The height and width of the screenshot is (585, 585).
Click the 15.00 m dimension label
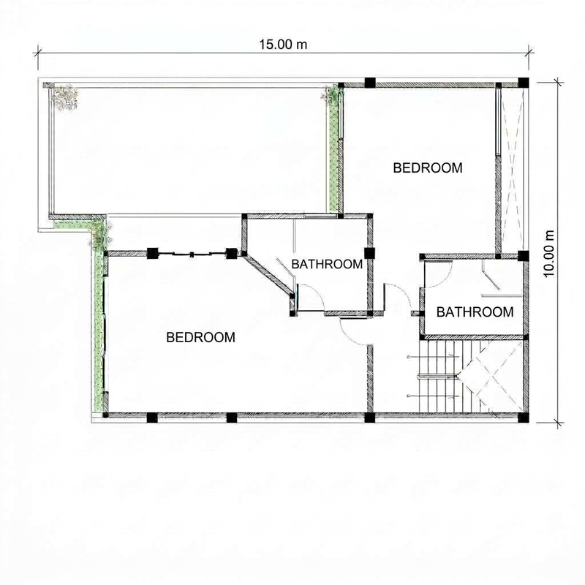pos(282,43)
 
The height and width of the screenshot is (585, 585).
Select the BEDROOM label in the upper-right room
pos(428,167)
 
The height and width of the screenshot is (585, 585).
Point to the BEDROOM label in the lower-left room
pos(201,337)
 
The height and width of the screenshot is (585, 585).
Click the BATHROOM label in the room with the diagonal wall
pos(327,264)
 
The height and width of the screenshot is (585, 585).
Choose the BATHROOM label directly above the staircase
pos(475,312)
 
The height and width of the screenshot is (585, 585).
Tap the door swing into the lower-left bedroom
pos(353,331)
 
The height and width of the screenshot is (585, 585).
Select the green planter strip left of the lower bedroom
pos(98,329)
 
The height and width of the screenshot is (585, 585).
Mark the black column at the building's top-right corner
pos(522,82)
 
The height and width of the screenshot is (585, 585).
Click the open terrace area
pos(190,150)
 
